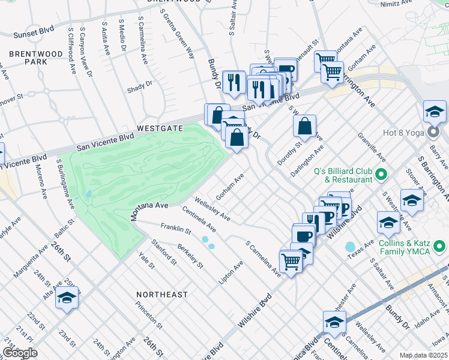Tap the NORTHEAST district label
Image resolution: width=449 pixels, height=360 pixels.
161,295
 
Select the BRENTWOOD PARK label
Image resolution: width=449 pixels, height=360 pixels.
36,58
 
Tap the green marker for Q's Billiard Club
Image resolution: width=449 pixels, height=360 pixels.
381,175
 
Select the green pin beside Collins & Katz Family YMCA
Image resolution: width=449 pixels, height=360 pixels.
440,247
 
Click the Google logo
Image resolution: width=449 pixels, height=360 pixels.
20,352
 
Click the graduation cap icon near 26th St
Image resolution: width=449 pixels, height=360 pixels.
67,298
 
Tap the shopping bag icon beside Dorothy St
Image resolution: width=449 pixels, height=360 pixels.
305,127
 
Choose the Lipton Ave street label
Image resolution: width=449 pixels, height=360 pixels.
234,274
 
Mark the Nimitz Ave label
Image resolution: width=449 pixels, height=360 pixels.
397,4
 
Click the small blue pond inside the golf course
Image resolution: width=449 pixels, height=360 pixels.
88,194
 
